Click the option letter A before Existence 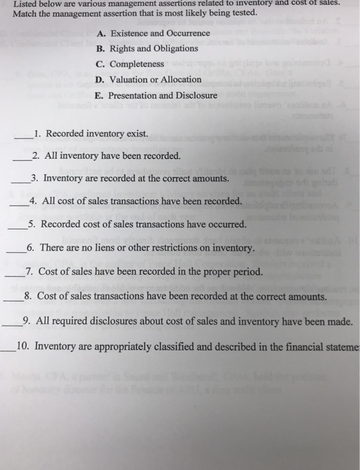coord(101,33)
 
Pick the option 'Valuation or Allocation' coord(154,79)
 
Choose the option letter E coord(99,95)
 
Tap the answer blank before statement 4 coord(19,202)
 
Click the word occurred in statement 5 coord(227,225)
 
